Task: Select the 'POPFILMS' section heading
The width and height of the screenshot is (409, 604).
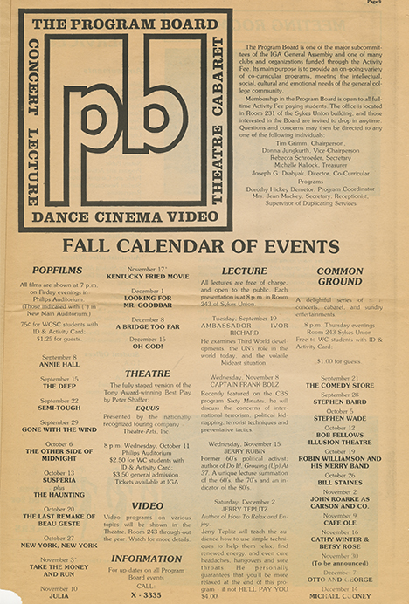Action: [57, 271]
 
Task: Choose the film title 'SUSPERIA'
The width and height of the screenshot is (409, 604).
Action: [58, 479]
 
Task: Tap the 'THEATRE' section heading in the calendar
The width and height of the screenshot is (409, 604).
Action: [147, 373]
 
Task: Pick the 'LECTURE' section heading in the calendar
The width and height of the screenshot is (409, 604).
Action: [244, 271]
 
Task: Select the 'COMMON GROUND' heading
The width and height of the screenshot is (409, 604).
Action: [339, 277]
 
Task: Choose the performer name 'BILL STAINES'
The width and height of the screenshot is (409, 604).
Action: [340, 479]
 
